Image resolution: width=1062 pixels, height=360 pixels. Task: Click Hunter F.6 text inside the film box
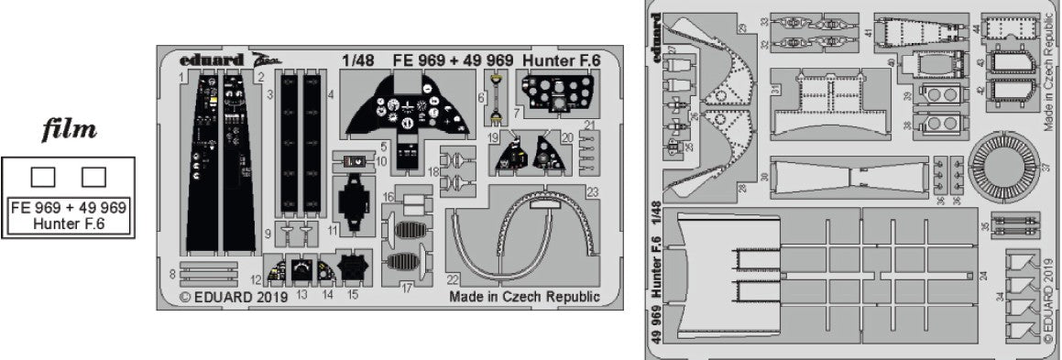pos(69,223)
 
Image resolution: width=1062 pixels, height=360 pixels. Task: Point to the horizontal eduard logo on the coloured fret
pos(212,60)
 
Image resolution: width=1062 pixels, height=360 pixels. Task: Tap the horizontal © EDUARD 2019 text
pos(234,297)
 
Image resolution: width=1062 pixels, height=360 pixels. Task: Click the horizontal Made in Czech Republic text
pos(524,297)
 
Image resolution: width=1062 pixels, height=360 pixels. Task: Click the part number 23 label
pos(593,192)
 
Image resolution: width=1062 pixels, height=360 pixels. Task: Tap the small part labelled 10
pos(353,161)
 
